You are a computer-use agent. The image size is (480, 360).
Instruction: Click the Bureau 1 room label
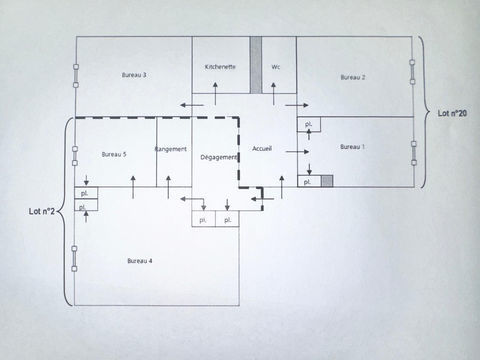[x=352, y=147]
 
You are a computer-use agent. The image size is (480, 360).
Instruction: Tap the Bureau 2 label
[x=352, y=77]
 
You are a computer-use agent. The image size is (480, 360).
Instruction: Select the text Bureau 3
[x=134, y=75]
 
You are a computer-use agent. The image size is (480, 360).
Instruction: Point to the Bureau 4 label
[x=140, y=261]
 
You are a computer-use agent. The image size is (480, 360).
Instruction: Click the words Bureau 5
[x=114, y=154]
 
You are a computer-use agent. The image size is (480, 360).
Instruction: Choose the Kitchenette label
[x=220, y=67]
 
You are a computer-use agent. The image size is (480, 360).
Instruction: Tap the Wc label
[x=275, y=67]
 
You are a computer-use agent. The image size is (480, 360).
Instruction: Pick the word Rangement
[x=172, y=149]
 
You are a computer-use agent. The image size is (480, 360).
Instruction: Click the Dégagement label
[x=219, y=157]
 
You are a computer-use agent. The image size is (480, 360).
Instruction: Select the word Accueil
[x=263, y=148]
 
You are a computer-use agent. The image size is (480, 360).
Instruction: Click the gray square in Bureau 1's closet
[x=326, y=181]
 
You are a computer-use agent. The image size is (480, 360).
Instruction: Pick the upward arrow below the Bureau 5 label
[x=135, y=179]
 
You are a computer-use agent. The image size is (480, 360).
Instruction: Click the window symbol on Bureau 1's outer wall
[x=412, y=152]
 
